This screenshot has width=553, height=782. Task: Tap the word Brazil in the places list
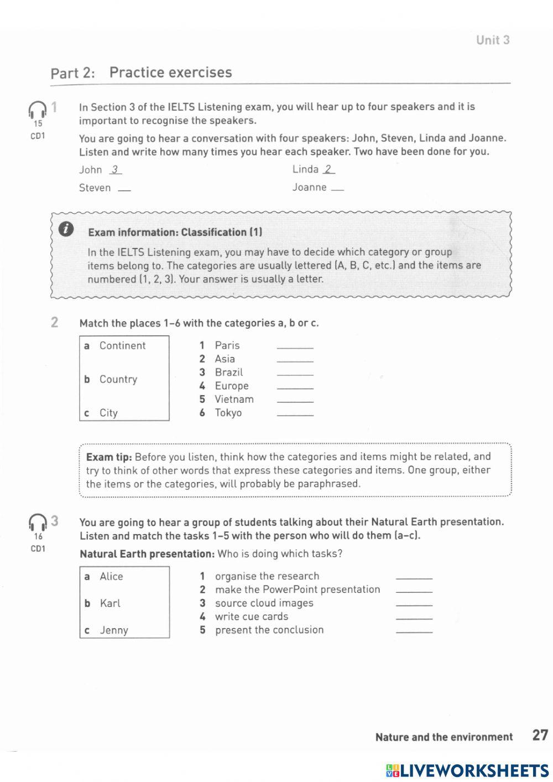(228, 372)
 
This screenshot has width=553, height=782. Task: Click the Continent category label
(122, 346)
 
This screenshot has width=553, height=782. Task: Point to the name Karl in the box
(109, 603)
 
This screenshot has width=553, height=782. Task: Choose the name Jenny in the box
(113, 630)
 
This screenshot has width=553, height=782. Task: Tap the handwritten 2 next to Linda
(328, 170)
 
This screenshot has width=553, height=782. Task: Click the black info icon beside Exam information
(66, 229)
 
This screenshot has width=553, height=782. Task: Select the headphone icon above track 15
(38, 110)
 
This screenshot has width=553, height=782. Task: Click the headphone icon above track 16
(38, 522)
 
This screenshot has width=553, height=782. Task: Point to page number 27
(540, 736)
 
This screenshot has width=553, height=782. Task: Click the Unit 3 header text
(493, 40)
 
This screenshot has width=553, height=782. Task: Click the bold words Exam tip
(109, 457)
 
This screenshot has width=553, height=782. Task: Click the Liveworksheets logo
(467, 771)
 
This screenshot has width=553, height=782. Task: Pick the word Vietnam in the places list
(234, 400)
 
